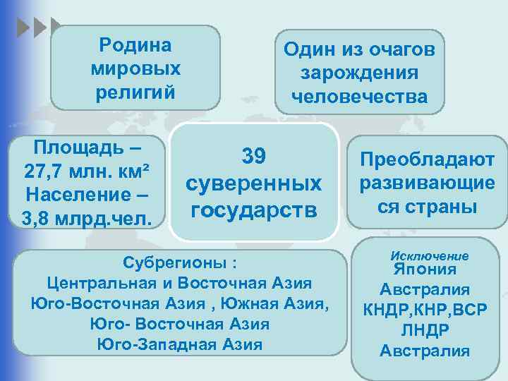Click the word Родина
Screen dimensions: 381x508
pyautogui.click(x=135, y=46)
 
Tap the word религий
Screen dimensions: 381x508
pyautogui.click(x=135, y=92)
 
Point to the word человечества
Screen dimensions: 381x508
pyautogui.click(x=359, y=97)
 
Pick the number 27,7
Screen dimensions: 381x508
pyautogui.click(x=44, y=171)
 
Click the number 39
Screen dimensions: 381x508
pyautogui.click(x=255, y=156)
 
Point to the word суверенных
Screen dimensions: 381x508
pyautogui.click(x=255, y=183)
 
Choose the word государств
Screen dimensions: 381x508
pyautogui.click(x=255, y=210)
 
